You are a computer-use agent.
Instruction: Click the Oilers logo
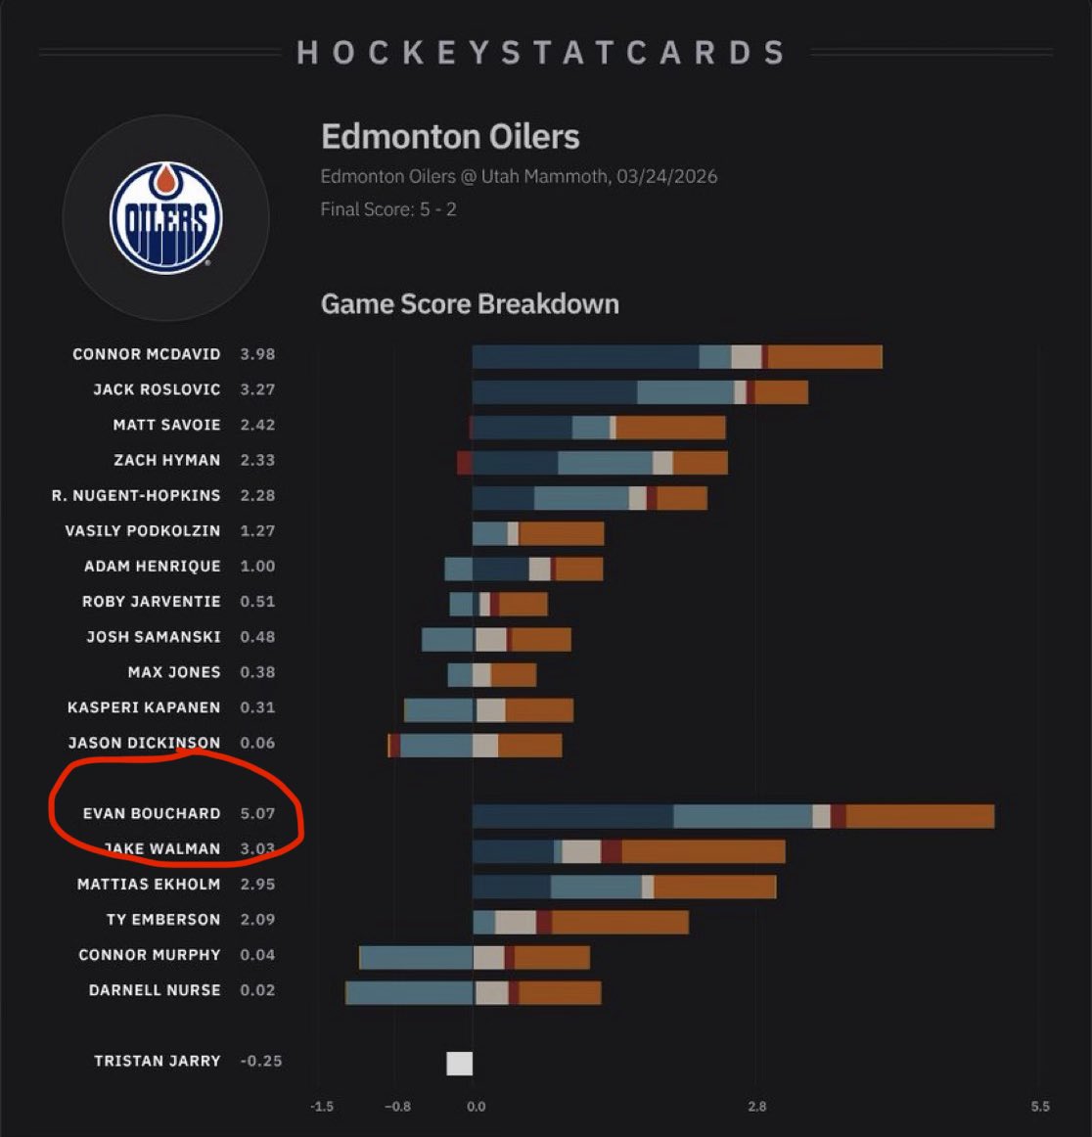tap(165, 218)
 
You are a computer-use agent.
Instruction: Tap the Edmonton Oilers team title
tap(450, 137)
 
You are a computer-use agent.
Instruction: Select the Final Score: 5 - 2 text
tap(388, 209)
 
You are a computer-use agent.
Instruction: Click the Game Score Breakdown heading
tap(470, 304)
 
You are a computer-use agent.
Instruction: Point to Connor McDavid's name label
tap(146, 354)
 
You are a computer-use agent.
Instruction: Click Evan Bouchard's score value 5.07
tap(257, 813)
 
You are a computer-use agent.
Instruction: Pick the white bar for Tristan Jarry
tap(459, 1064)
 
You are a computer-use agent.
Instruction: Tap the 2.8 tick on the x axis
tap(756, 1107)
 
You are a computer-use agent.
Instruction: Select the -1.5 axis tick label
tap(322, 1107)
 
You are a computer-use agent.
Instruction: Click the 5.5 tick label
tap(1039, 1107)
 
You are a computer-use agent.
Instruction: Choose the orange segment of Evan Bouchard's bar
tap(920, 816)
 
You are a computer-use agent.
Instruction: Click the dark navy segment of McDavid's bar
tap(585, 357)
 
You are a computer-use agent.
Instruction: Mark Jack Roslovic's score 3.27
tap(257, 389)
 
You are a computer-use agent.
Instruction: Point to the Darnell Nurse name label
tap(155, 990)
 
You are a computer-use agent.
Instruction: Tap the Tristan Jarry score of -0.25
tap(260, 1061)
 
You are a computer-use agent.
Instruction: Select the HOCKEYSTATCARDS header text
tap(541, 53)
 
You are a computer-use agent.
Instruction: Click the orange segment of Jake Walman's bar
tap(703, 851)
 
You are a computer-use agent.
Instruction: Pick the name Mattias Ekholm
tap(149, 884)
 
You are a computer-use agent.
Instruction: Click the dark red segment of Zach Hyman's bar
tap(465, 463)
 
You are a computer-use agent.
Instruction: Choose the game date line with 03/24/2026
tap(519, 176)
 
